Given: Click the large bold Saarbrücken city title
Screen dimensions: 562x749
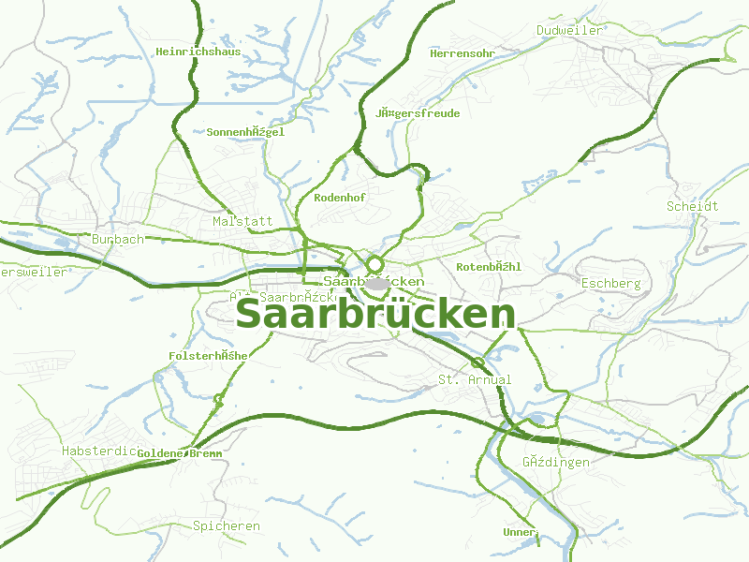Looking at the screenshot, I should tap(375, 315).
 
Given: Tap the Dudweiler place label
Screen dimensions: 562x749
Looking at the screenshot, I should tap(569, 31).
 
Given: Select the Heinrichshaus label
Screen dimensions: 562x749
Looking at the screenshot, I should tap(198, 52).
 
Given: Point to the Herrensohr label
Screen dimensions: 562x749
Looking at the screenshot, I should tap(462, 53).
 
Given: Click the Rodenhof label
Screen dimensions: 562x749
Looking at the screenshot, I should tap(340, 198).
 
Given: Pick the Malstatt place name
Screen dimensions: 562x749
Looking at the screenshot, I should tap(242, 222).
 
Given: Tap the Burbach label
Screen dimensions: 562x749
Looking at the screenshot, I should tap(118, 240).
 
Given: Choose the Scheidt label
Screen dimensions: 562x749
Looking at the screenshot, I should tap(692, 206).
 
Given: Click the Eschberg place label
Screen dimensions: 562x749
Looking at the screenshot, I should tap(610, 283).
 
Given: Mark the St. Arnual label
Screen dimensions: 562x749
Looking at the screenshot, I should tap(475, 379).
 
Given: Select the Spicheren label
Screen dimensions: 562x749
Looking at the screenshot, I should tap(227, 525).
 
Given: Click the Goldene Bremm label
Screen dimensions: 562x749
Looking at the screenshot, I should tap(180, 453).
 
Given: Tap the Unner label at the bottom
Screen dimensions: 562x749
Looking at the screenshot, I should tap(520, 532).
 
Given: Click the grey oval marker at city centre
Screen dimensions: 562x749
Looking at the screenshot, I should tap(378, 283).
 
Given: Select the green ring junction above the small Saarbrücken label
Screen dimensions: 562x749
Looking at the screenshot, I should tap(374, 263).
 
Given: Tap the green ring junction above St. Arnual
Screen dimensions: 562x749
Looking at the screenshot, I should tap(478, 362).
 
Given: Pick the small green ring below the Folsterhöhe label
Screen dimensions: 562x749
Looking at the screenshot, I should tap(218, 399).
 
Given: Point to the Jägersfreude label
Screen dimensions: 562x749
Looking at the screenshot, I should tap(418, 113).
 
